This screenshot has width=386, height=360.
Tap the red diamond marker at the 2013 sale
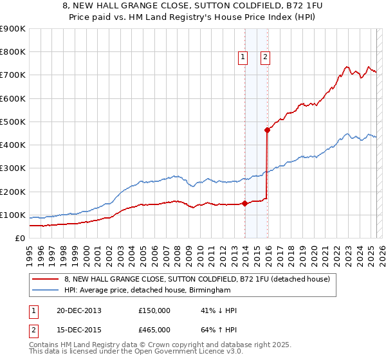pos(245,204)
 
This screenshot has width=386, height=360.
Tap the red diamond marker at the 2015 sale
pos(267,130)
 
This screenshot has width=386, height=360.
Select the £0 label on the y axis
pos(19,238)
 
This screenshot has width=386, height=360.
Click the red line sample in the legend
pos(46,279)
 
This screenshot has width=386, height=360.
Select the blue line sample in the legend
pos(46,290)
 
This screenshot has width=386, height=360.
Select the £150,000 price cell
pos(154,310)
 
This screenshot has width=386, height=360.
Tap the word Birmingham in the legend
pos(208,290)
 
